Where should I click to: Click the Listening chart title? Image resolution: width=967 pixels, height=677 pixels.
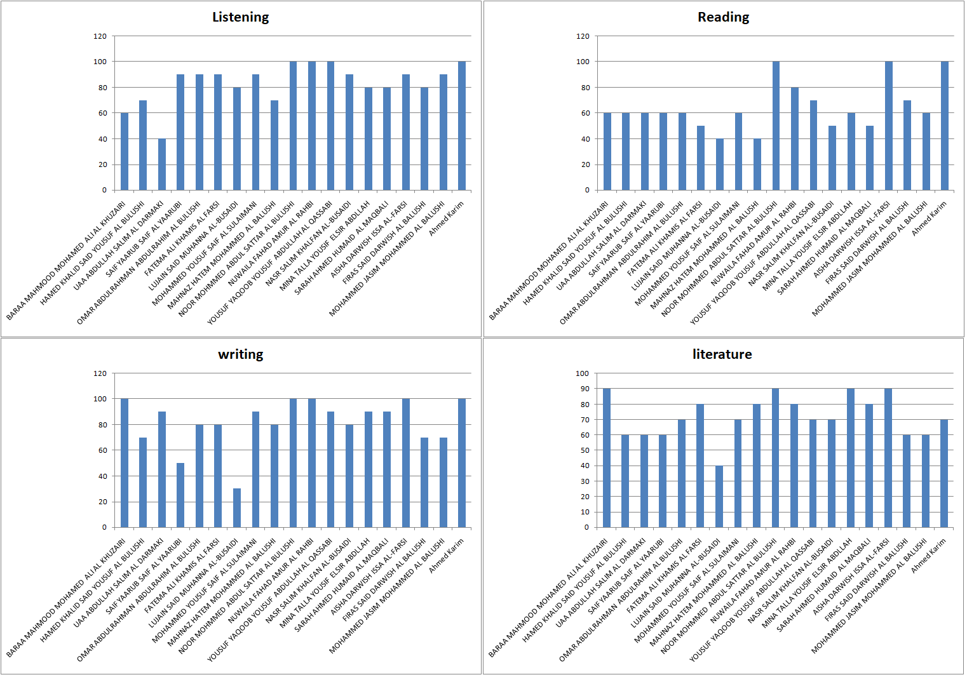(240, 17)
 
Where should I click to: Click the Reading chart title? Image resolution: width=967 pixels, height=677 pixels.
(723, 17)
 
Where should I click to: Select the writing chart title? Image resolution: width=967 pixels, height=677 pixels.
(240, 354)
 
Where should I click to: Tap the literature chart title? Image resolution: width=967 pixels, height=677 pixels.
(722, 354)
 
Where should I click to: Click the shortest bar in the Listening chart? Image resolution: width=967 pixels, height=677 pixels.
(162, 164)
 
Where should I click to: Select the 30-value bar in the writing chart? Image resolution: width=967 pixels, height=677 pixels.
(237, 508)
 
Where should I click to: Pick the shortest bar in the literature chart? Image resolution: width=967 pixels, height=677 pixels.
(719, 497)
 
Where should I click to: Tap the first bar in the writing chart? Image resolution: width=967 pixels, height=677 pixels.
(125, 463)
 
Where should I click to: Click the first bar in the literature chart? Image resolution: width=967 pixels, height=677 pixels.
(607, 458)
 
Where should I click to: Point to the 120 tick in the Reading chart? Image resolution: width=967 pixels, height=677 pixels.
(583, 36)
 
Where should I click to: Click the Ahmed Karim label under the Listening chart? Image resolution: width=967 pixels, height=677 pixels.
(447, 218)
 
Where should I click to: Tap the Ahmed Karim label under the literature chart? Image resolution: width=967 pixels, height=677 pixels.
(929, 556)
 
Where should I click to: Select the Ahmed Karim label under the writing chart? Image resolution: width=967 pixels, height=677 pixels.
(447, 556)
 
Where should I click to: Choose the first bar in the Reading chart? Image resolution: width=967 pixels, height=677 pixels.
(607, 152)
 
